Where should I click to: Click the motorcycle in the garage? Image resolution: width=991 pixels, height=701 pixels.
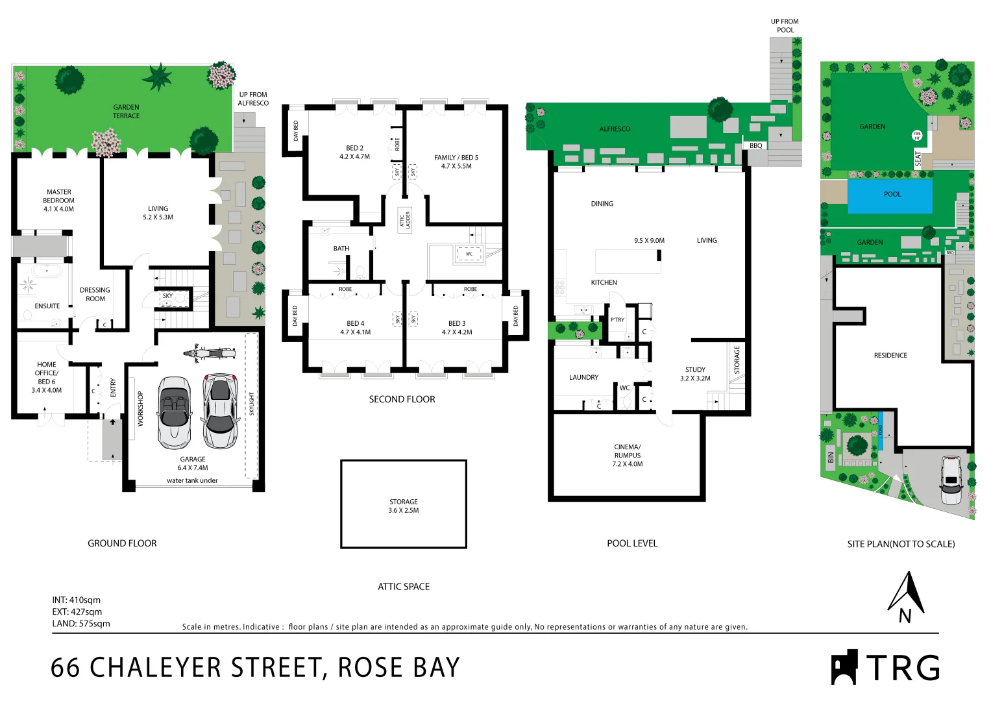pos(210,353)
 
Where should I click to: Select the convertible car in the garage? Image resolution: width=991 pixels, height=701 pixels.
pos(174,413)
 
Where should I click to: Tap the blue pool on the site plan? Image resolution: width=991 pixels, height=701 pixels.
pos(890,195)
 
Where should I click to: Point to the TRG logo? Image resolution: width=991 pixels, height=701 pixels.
pos(885,667)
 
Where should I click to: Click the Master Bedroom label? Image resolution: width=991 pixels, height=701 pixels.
pos(59,201)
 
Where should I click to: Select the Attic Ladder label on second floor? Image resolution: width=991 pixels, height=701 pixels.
pos(405,220)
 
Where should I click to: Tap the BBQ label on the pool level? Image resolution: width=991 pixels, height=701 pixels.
pos(755,146)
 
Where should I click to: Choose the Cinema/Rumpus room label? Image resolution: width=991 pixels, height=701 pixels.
pos(627,456)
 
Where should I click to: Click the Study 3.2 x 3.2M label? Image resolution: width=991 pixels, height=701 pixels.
pos(695,374)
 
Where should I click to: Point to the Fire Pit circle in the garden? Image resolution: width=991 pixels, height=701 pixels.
pos(916,136)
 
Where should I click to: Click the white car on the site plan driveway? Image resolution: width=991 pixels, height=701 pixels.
pos(951,480)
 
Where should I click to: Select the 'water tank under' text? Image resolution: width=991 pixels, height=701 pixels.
pos(192,481)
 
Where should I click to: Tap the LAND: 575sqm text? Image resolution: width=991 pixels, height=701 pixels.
pos(81,624)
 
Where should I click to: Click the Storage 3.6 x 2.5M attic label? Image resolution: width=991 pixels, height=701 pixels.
pos(403,506)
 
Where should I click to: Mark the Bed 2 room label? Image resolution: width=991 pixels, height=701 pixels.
pos(354,153)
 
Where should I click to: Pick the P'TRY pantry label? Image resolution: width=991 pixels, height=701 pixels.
pos(617,320)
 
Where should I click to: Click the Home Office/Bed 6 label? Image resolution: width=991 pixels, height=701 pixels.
pos(47,377)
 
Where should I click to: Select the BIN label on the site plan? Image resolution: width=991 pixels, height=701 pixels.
pos(831,457)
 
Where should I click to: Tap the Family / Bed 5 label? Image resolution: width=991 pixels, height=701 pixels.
pos(456,162)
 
